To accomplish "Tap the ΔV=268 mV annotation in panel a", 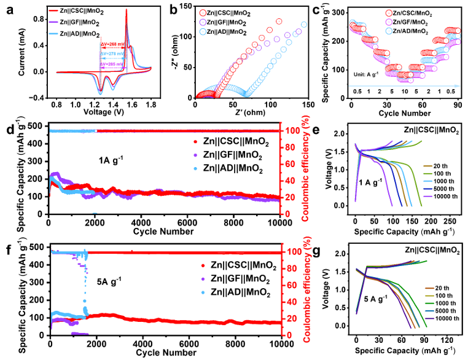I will pos(115,44).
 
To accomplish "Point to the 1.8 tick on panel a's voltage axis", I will pos(151,105).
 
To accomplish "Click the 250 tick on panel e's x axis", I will pos(451,221).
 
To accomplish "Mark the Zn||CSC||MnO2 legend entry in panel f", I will pos(236,266).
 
